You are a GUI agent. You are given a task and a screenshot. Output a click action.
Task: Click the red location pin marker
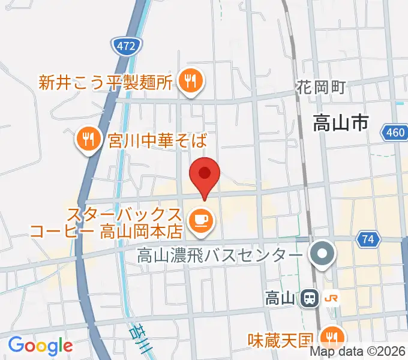pyautogui.click(x=205, y=175)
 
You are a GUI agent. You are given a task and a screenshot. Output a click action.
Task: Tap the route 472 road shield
pyautogui.click(x=127, y=45)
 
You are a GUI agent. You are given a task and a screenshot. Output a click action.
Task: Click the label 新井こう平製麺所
pyautogui.click(x=106, y=82)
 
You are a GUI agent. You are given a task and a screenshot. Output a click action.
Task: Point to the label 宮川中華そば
pyautogui.click(x=157, y=141)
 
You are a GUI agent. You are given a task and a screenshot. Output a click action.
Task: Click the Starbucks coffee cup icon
pyautogui.click(x=199, y=220)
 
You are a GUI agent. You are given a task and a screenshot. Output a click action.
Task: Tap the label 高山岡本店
pyautogui.click(x=141, y=230)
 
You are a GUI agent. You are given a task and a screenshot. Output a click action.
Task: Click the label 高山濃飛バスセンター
pyautogui.click(x=220, y=256)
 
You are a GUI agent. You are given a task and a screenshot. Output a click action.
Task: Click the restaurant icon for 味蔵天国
pyautogui.click(x=331, y=335)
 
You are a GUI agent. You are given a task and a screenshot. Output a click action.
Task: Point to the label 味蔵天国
pyautogui.click(x=280, y=340)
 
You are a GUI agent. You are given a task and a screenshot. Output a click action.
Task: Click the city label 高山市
pyautogui.click(x=340, y=124)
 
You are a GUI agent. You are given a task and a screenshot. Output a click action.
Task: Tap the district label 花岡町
pyautogui.click(x=321, y=87)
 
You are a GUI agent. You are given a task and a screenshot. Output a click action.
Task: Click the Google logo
pyautogui.click(x=40, y=346)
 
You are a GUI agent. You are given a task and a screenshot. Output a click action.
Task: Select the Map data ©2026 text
pyautogui.click(x=367, y=352)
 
